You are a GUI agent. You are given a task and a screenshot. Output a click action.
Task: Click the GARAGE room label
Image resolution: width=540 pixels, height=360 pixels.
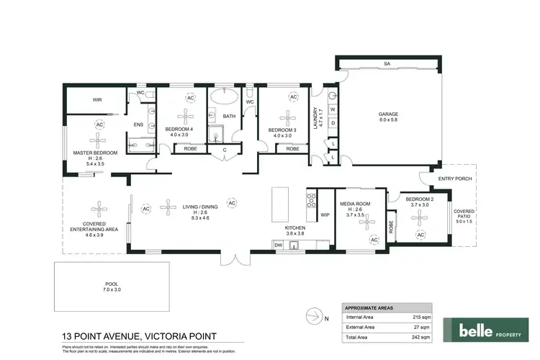389,114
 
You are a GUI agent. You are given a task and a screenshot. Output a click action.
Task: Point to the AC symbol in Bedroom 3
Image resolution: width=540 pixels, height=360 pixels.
293,97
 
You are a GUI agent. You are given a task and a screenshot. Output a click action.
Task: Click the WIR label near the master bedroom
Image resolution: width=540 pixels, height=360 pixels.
96,100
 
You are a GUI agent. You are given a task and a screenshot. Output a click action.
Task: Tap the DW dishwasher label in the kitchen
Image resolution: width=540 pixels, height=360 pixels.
278,246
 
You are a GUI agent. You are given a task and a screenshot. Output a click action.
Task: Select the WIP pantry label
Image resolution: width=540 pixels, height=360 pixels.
324,215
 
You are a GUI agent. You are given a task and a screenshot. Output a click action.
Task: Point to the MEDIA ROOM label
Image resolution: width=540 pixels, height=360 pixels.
358,204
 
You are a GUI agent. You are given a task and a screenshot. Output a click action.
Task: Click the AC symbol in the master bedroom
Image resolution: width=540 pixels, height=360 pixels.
99,124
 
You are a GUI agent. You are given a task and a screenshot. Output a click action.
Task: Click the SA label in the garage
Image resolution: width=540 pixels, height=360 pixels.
387,64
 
